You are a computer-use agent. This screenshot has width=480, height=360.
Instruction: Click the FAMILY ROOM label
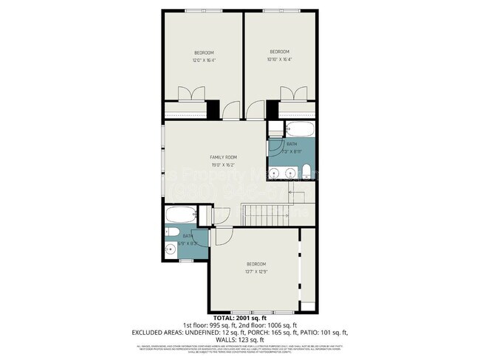(x=222, y=157)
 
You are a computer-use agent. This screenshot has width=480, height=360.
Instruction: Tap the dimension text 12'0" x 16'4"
(x=204, y=60)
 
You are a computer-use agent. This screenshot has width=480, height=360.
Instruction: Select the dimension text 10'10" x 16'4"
(x=279, y=60)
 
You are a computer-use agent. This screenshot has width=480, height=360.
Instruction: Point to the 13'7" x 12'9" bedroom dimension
(x=256, y=271)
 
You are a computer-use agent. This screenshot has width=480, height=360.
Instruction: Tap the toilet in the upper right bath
(x=306, y=173)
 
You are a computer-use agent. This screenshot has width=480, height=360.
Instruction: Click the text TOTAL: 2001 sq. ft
(x=240, y=318)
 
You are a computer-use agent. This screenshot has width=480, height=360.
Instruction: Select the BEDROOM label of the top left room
(x=204, y=52)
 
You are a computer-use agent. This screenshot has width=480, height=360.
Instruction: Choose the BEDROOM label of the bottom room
(x=256, y=264)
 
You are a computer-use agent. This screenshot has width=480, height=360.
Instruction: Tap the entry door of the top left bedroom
(x=231, y=111)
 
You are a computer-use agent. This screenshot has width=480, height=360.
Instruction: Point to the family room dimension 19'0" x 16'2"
(x=222, y=165)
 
